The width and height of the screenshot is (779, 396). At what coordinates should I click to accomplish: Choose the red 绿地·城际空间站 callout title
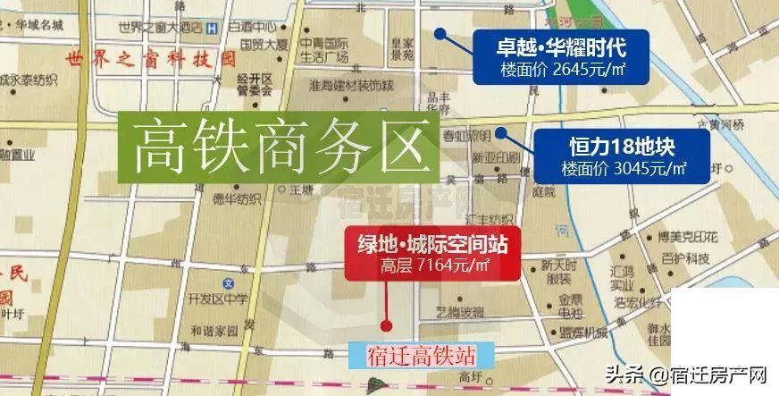pos(431,242)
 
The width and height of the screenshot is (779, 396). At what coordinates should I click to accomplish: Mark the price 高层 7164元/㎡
pos(435,265)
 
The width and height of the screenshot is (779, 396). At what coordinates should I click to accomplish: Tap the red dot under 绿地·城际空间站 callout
pos(387,325)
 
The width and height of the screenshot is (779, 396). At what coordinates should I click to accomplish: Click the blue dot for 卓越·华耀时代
pos(440,33)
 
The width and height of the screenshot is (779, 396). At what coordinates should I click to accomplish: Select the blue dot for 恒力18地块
pos(501,133)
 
